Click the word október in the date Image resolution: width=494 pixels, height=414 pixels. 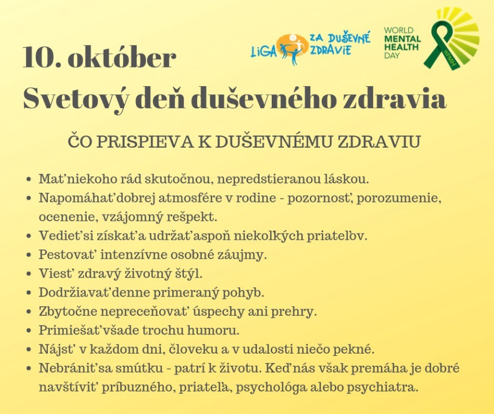pos(122,57)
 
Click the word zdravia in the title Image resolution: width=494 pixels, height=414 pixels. pos(394,98)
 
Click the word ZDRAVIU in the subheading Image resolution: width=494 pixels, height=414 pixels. pos(379,142)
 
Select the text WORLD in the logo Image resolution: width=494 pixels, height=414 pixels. pos(398,30)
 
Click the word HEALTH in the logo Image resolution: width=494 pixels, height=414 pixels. pos(401,47)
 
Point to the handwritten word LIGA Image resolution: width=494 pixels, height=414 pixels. pos(263,52)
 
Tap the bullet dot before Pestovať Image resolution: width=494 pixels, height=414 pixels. pos(29,255)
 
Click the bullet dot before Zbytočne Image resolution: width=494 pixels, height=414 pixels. pos(29,312)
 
